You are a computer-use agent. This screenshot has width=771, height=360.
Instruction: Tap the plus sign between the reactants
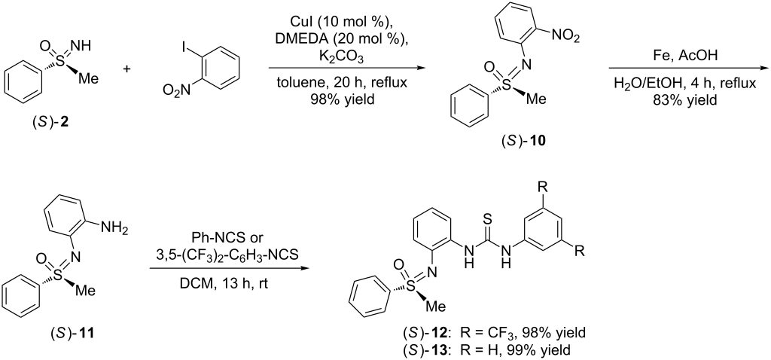129,69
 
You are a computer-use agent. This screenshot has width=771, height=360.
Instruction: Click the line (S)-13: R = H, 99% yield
491,351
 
